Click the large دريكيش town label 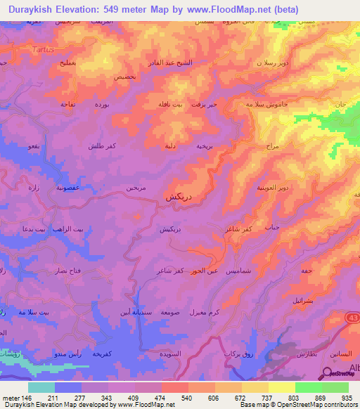(179, 197)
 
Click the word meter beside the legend (13, 398)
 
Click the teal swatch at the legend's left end (41, 387)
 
